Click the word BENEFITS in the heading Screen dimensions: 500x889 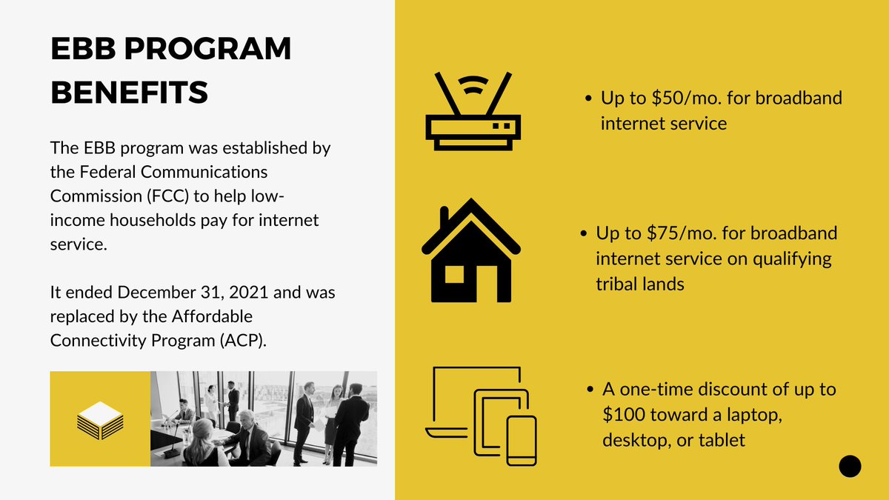129,93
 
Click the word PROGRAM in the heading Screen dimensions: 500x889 203,50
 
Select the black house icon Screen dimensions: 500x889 471,251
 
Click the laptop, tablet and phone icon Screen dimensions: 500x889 481,417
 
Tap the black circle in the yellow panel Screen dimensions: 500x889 850,466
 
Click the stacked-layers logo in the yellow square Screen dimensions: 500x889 100,419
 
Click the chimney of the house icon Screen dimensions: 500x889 444,219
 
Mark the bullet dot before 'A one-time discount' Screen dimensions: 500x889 590,390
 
